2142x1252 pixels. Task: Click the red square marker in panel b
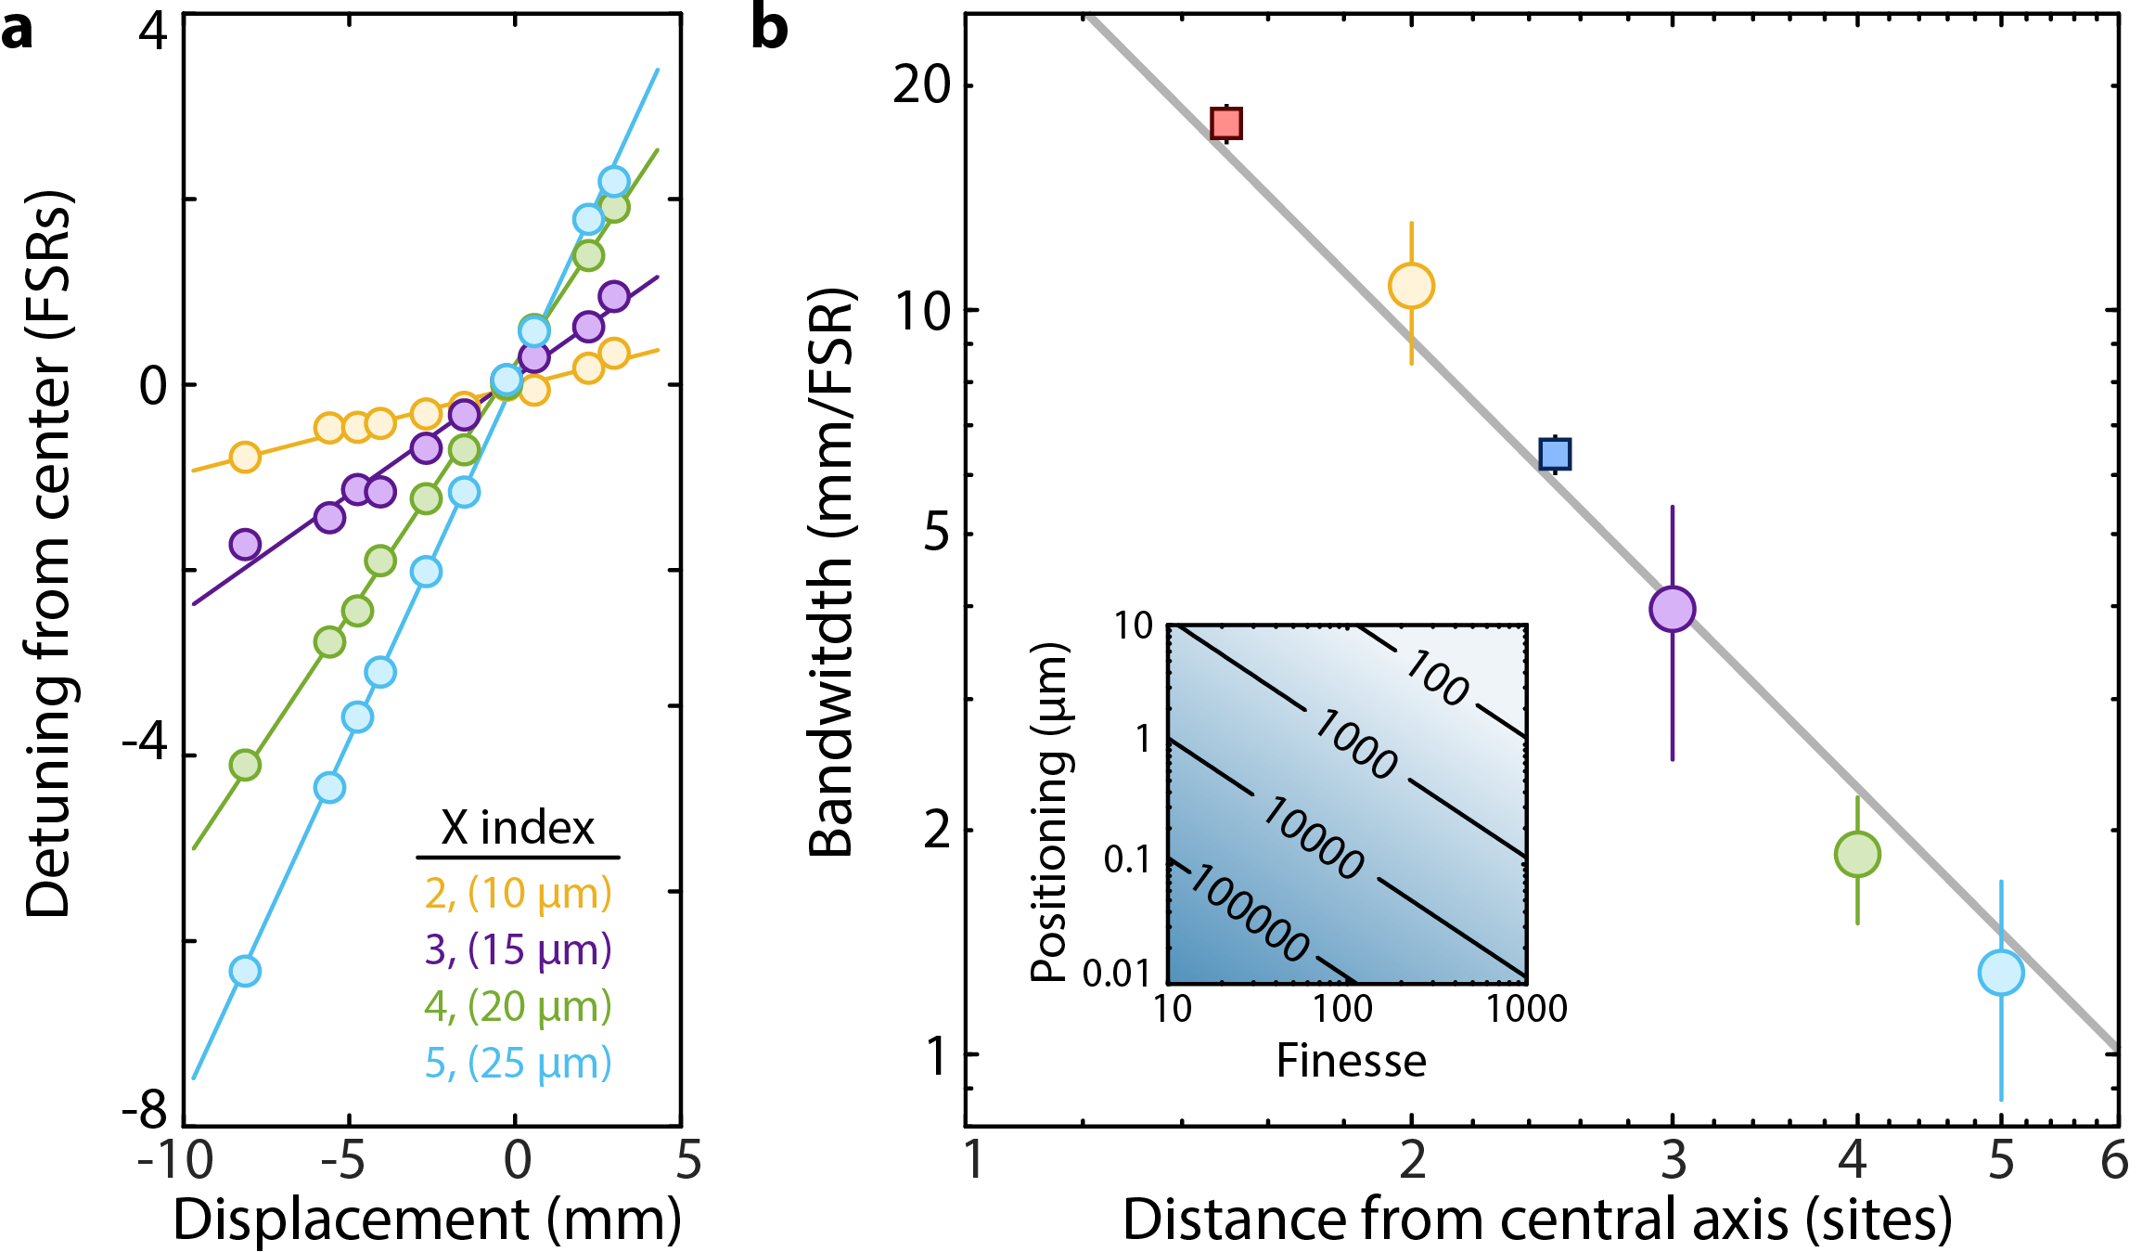[1226, 123]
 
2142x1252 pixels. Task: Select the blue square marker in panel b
[1555, 454]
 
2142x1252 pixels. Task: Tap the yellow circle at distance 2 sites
[1411, 286]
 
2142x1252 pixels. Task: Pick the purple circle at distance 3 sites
[1673, 609]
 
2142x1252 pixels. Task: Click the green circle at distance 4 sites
[1857, 854]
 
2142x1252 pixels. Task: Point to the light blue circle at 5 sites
[2001, 973]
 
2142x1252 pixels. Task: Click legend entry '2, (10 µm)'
[518, 894]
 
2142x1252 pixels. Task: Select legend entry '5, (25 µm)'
[518, 1064]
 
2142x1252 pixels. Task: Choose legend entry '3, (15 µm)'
[518, 950]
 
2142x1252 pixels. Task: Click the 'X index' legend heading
[517, 828]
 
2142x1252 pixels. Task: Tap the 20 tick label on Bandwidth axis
[922, 85]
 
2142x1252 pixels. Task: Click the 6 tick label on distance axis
[2114, 1161]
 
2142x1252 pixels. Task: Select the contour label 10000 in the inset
[1313, 838]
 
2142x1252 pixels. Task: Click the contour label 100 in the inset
[1436, 678]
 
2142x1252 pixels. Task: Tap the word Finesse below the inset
[1351, 1061]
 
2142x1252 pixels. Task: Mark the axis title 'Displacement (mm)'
[427, 1220]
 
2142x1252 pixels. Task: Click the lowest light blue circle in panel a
[245, 971]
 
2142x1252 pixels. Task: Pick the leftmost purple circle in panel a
[245, 544]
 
